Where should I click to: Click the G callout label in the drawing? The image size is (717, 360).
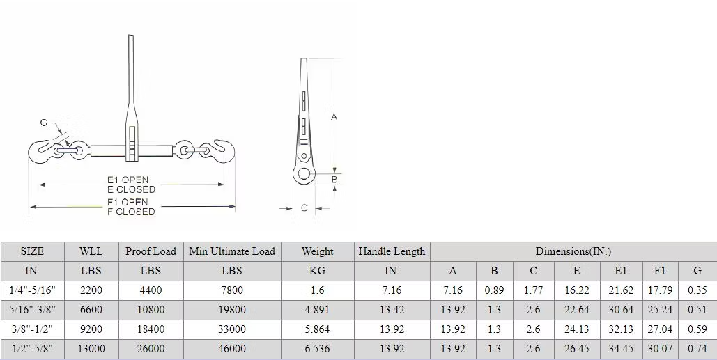coord(44,123)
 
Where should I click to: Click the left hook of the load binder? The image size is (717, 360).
coord(40,151)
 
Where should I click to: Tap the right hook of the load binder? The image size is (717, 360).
coord(223,151)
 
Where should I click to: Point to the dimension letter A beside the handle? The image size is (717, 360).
coord(334,117)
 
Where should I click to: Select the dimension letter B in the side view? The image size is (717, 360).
coord(334,180)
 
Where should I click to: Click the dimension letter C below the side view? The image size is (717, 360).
coord(304,208)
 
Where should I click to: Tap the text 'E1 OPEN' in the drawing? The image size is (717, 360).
coord(128,180)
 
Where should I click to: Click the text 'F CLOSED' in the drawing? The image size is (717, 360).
coord(131,212)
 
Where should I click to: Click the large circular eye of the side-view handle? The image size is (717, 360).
coord(304,173)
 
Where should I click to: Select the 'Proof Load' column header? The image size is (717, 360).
coord(151,251)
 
